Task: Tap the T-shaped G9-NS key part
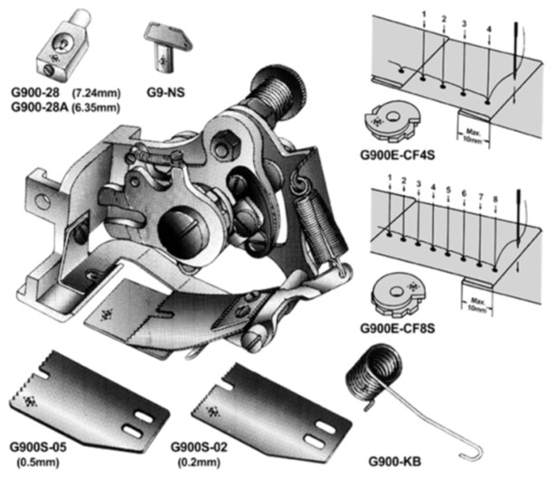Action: coord(165,45)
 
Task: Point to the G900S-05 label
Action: coord(39,446)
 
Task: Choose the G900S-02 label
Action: coord(200,446)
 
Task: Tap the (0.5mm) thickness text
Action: coord(37,460)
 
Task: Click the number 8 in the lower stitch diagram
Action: coord(494,197)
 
